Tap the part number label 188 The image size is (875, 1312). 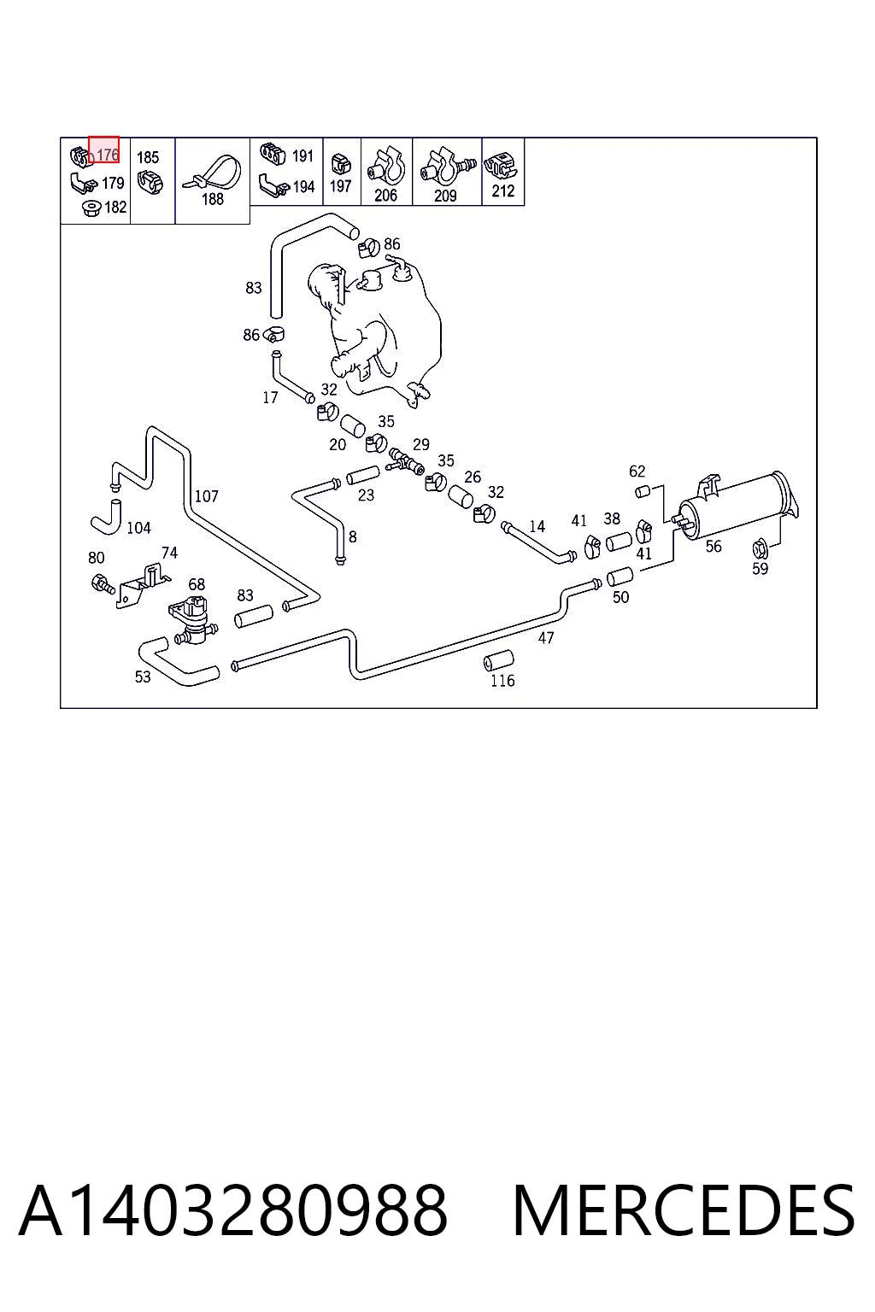pos(212,199)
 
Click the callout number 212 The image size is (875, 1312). pos(502,191)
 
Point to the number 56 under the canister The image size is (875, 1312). pos(714,547)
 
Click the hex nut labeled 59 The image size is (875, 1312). pos(760,548)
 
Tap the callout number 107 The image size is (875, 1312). pos(206,496)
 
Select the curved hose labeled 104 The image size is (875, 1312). pos(107,517)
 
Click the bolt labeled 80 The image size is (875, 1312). pos(103,584)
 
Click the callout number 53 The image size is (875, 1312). pos(143,677)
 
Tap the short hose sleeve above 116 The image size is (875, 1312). pos(499,660)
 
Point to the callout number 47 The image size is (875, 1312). pos(546,638)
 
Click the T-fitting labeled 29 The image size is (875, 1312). pos(406,461)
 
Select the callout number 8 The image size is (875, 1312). pos(352,536)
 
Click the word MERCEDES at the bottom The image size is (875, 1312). pos(684,1210)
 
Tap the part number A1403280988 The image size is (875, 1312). pos(233,1210)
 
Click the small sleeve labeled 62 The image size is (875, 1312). pos(643,491)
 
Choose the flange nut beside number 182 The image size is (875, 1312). pos(92,208)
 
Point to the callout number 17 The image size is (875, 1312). pos(270,398)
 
